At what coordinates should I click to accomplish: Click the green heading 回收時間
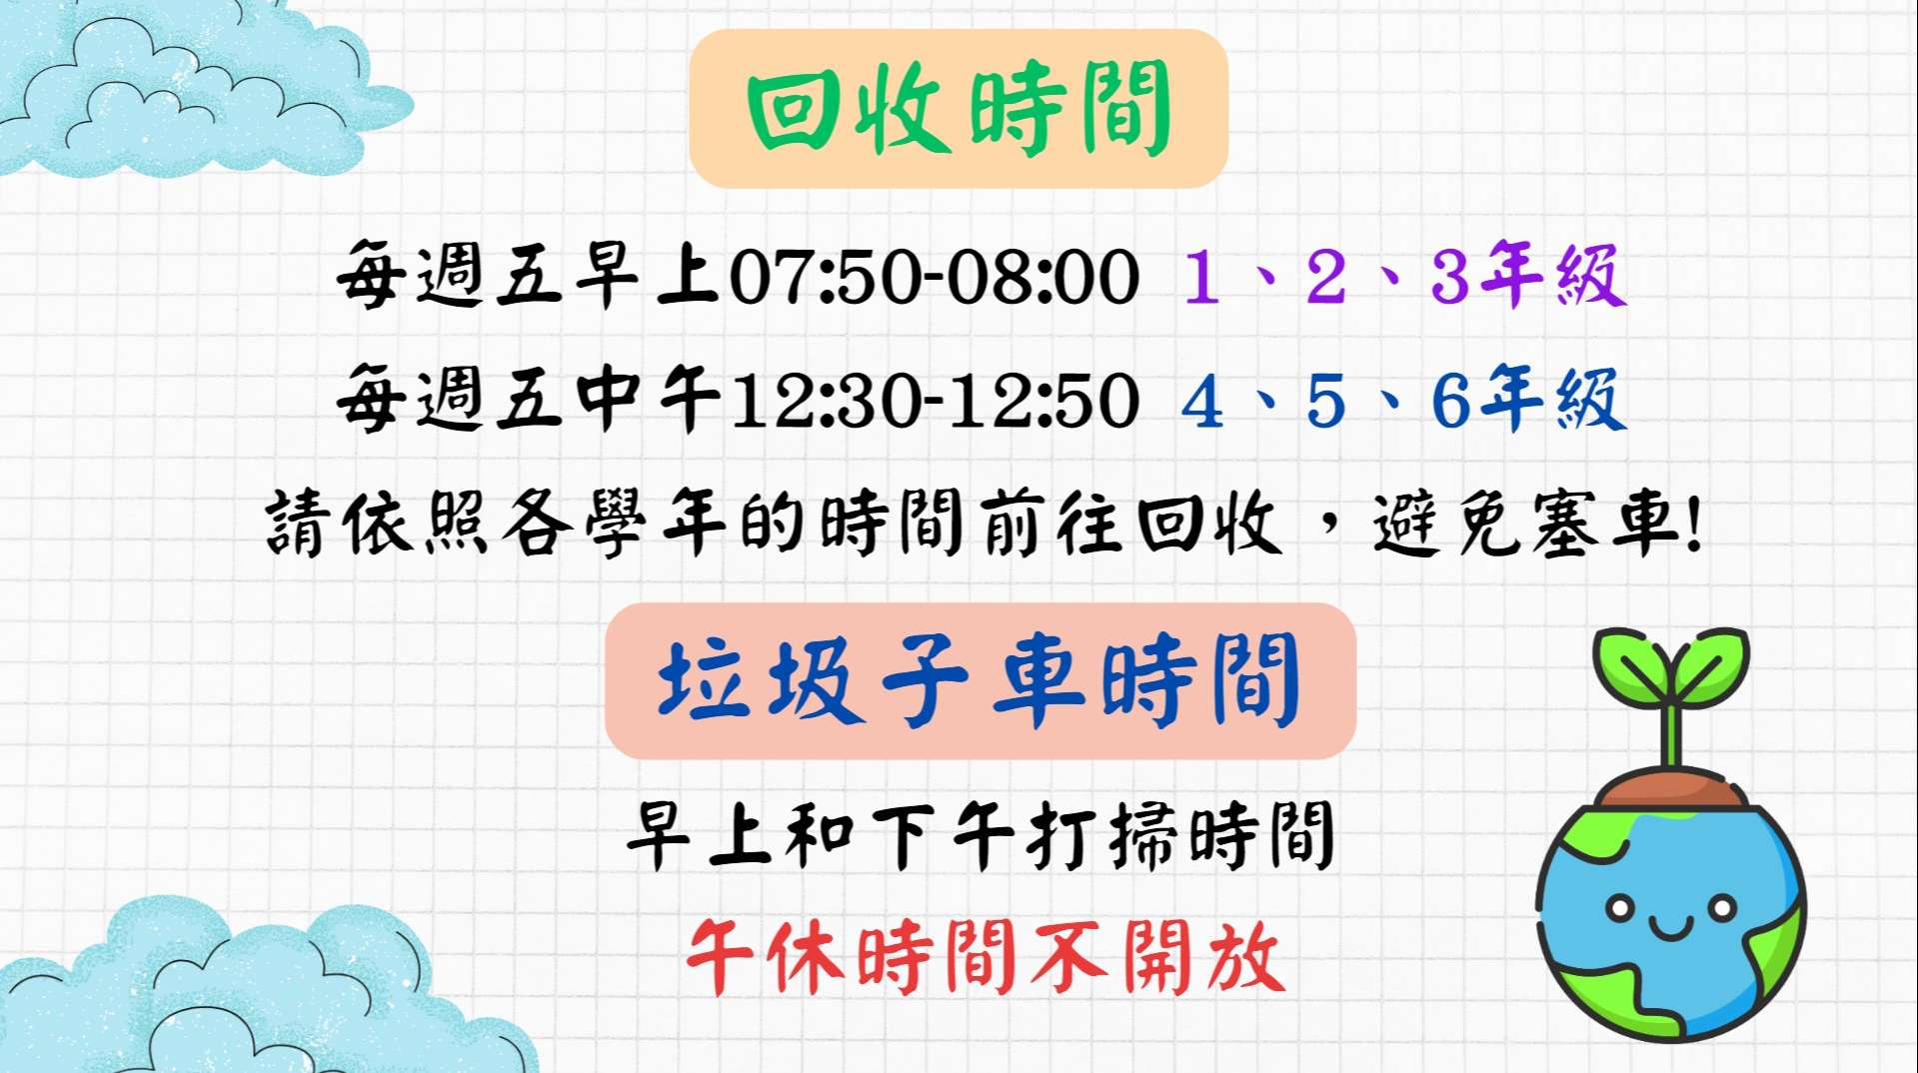pyautogui.click(x=959, y=108)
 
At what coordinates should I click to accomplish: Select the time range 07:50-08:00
pyautogui.click(x=935, y=277)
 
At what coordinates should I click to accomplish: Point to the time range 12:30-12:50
pyautogui.click(x=935, y=402)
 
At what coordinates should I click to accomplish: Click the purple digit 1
pyautogui.click(x=1201, y=277)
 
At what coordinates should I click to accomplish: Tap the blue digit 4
pyautogui.click(x=1202, y=402)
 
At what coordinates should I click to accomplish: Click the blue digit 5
pyautogui.click(x=1326, y=402)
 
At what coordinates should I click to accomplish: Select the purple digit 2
pyautogui.click(x=1326, y=276)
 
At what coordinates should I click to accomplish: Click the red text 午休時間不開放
pyautogui.click(x=985, y=957)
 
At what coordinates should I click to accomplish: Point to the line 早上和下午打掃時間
pyautogui.click(x=979, y=835)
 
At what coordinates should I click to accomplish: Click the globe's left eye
pyautogui.click(x=1619, y=909)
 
